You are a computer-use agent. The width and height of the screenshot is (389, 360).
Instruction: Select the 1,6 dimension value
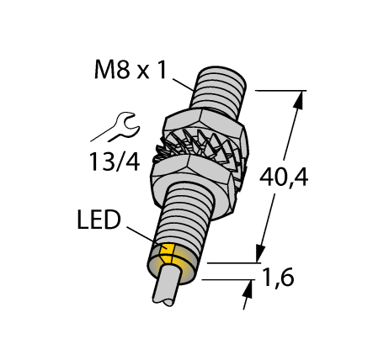tap(285, 277)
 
